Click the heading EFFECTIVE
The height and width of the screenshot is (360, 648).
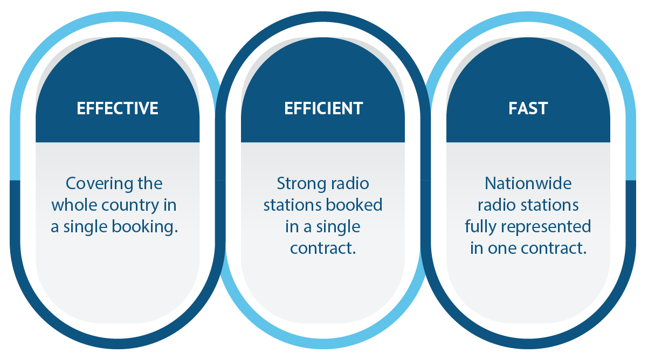(x=118, y=108)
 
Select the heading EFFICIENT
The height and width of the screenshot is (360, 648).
(x=323, y=108)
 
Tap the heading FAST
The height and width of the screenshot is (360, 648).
(x=528, y=108)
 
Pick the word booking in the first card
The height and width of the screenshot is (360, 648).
(x=145, y=227)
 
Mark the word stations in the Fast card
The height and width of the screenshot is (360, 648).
(x=553, y=205)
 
